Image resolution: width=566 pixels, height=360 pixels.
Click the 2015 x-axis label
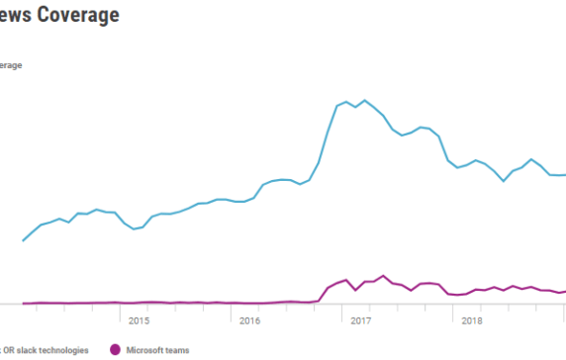click(139, 320)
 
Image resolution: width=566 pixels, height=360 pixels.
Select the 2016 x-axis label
click(249, 320)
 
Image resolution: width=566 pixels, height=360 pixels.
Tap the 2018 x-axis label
click(472, 320)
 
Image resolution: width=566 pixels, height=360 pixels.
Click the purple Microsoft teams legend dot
click(116, 349)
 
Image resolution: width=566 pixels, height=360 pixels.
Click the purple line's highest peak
click(384, 276)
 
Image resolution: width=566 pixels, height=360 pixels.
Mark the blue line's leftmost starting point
click(23, 240)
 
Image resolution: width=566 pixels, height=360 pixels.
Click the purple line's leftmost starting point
click(23, 303)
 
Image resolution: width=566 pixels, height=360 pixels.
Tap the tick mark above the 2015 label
click(120, 310)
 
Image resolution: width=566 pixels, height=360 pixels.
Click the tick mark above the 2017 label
click(342, 310)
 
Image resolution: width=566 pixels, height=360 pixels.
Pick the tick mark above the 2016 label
click(232, 310)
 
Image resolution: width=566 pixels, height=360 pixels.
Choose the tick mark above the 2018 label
click(453, 310)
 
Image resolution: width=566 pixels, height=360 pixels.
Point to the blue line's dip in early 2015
click(134, 228)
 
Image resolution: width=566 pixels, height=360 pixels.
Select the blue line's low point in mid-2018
click(504, 181)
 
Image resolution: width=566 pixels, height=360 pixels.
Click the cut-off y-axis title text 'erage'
click(11, 66)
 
